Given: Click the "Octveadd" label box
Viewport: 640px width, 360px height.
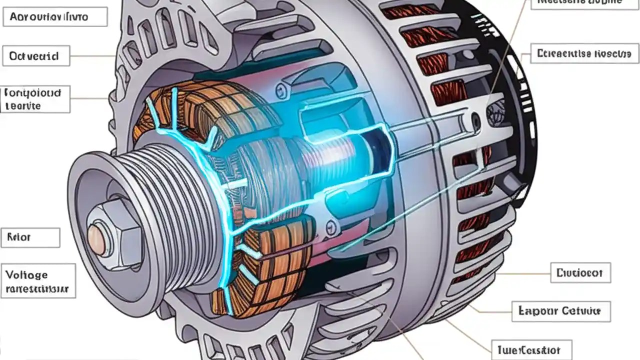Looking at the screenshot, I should (36, 56).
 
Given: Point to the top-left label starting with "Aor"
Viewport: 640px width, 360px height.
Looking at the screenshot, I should (55, 16).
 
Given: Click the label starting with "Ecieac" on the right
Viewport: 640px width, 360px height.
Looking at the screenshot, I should (584, 53).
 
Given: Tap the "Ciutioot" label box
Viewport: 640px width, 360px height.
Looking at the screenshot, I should (580, 273).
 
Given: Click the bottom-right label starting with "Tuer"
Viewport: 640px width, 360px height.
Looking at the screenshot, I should (532, 350).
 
